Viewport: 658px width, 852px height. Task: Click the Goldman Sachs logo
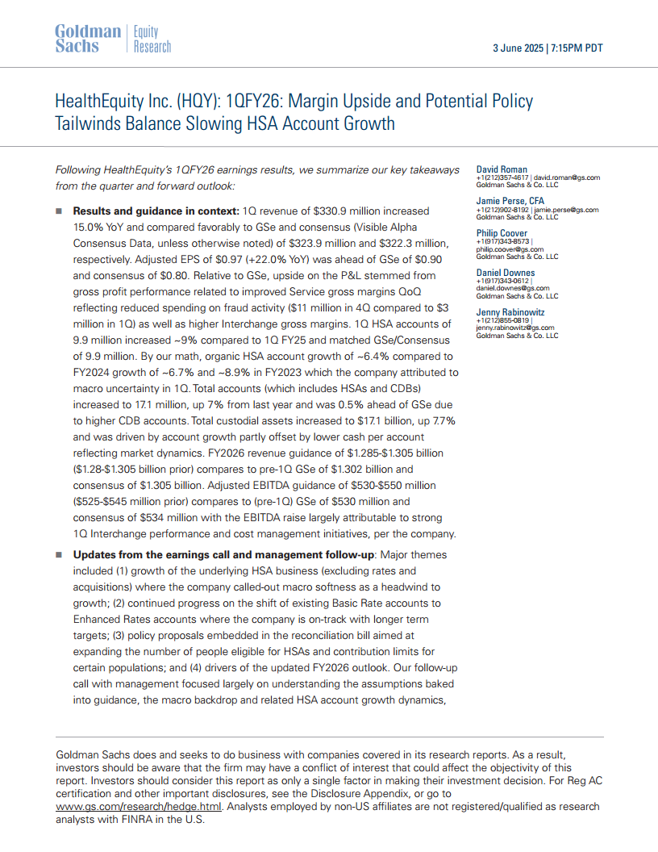88,39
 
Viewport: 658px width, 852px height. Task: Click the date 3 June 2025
518,48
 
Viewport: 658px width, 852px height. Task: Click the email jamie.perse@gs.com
568,210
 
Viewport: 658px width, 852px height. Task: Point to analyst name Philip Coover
502,234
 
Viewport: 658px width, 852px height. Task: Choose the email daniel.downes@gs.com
513,287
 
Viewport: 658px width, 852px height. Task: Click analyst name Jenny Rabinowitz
509,312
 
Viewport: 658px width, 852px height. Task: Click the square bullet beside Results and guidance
59,211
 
